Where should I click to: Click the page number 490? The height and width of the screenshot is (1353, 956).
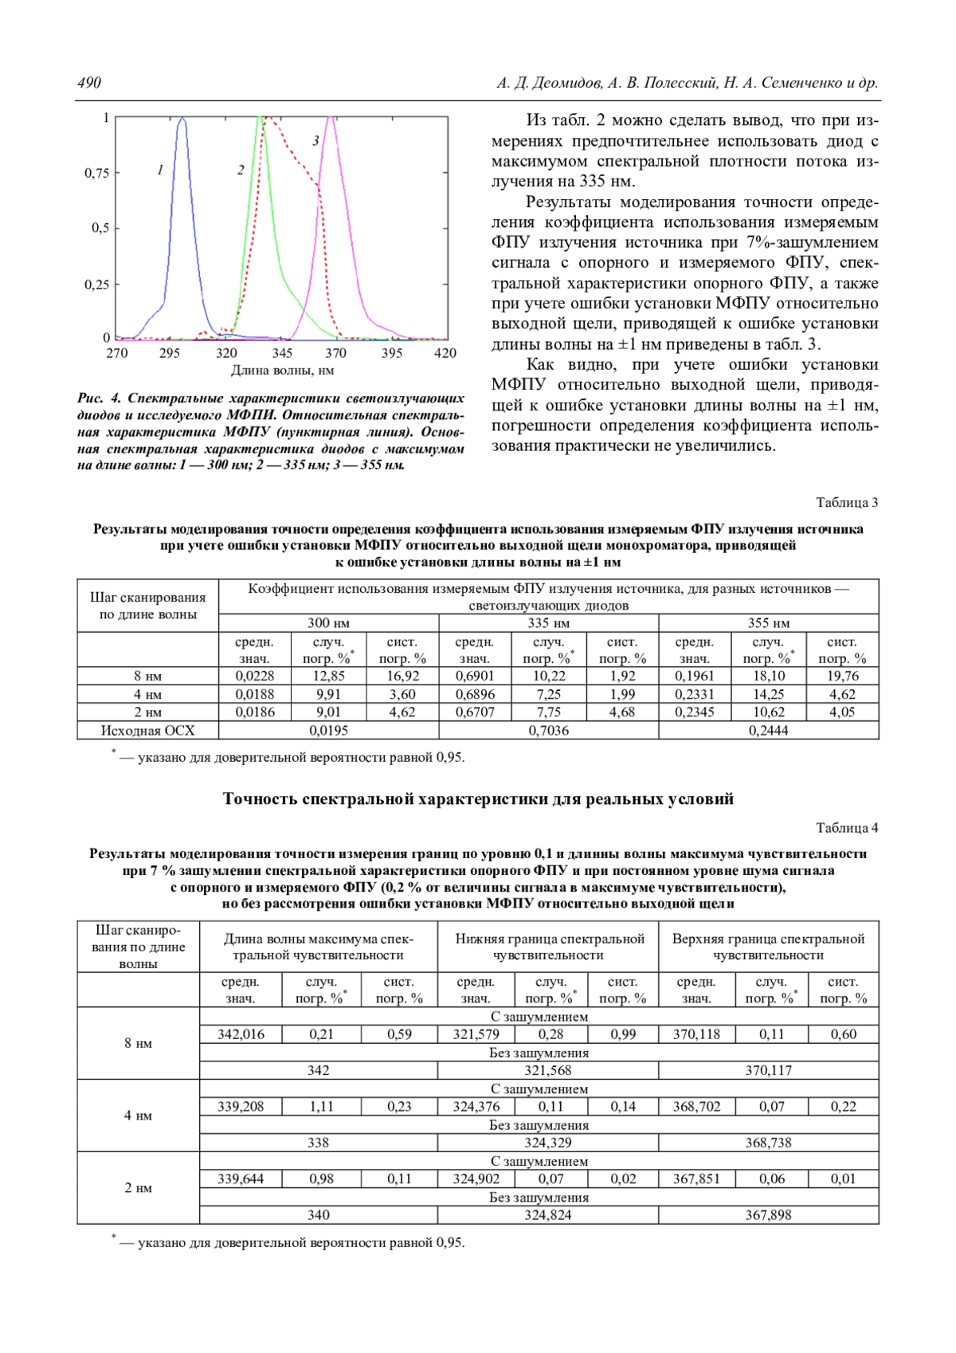tap(89, 83)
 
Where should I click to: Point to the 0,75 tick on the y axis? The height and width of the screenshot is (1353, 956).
tap(96, 173)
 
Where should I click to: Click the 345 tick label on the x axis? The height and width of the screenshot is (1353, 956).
tap(281, 353)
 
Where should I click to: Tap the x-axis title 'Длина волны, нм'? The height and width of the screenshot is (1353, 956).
tap(282, 370)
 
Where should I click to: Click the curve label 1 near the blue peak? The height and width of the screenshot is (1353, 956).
tap(160, 170)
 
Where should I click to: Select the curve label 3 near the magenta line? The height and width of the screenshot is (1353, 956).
tap(315, 141)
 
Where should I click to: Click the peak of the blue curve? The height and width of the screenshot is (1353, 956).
tap(182, 119)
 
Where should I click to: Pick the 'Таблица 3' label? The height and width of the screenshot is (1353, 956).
tap(847, 502)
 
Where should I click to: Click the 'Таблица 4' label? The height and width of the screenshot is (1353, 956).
tap(847, 827)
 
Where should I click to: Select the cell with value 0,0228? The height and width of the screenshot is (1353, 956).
tap(254, 676)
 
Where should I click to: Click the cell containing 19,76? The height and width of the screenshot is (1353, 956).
tap(842, 676)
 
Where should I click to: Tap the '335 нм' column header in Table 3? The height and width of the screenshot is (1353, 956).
tap(548, 623)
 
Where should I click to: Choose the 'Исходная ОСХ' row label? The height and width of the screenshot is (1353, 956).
tap(147, 730)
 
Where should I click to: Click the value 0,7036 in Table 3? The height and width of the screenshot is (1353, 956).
tap(548, 730)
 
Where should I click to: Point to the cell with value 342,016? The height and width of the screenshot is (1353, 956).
tap(241, 1034)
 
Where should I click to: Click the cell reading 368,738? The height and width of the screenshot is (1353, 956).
tap(768, 1143)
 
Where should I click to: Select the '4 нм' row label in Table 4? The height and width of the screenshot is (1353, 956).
tap(138, 1116)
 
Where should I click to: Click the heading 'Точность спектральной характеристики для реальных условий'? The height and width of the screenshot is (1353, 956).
tap(478, 798)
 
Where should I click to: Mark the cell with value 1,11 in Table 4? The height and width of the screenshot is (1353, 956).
tap(321, 1106)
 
